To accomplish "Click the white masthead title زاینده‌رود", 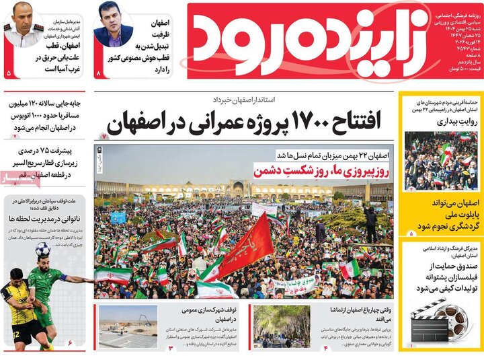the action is point(296,42).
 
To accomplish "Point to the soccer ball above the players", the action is point(43,250).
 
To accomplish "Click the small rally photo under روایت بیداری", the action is point(440,161).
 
